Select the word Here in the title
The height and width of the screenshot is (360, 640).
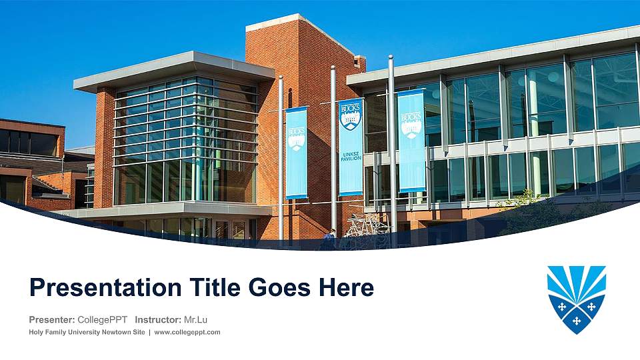pyautogui.click(x=345, y=288)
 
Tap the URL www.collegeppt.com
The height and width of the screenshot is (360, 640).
pyautogui.click(x=187, y=332)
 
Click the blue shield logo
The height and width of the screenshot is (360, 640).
pyautogui.click(x=576, y=298)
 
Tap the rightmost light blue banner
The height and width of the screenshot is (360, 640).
pyautogui.click(x=411, y=141)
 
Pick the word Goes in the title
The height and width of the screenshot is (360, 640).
pyautogui.click(x=279, y=288)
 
